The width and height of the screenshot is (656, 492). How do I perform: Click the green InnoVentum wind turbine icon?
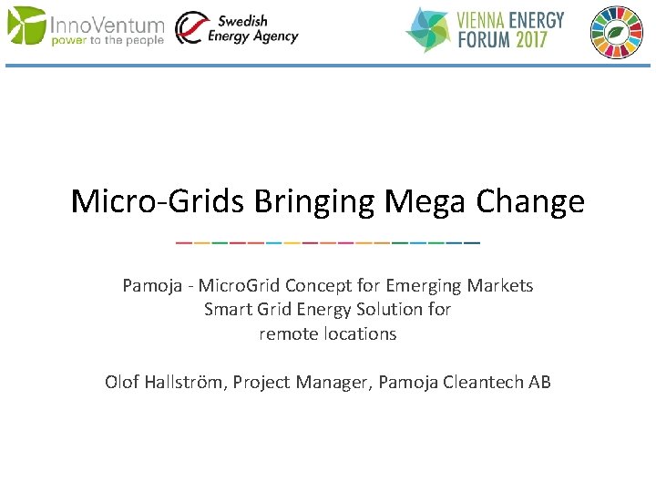tap(26, 26)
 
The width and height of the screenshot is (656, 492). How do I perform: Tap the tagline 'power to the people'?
tap(108, 40)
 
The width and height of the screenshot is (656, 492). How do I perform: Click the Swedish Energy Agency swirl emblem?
tap(190, 28)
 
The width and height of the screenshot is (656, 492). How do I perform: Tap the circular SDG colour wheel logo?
tap(617, 32)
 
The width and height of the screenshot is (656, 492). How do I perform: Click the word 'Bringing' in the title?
tap(313, 201)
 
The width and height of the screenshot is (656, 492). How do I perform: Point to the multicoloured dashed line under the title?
tap(328, 243)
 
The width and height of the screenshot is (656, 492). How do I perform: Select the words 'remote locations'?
tap(328, 333)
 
